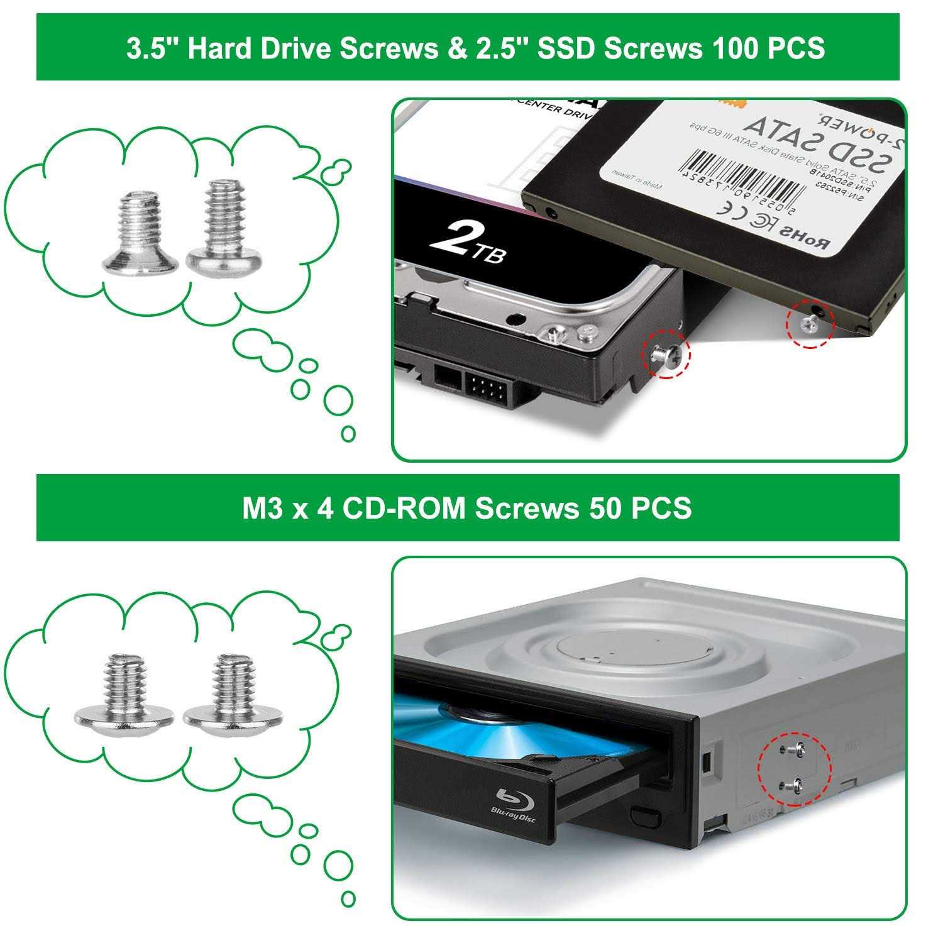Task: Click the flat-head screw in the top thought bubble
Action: [x=138, y=233]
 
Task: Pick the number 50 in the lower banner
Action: [x=605, y=508]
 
